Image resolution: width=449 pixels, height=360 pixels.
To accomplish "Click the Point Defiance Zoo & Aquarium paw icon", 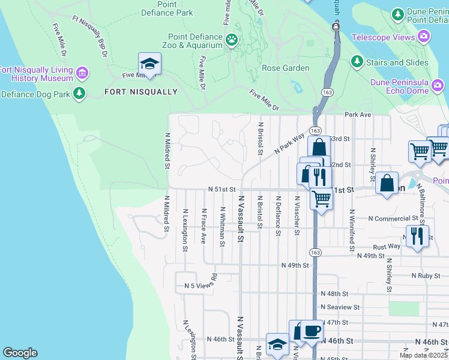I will coord(232,40).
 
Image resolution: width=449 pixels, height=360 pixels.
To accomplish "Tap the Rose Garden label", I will coord(286,68).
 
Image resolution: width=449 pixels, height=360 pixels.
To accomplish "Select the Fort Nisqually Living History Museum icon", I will coord(82,73).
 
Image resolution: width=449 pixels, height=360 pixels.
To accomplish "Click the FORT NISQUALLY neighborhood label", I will coord(141,92).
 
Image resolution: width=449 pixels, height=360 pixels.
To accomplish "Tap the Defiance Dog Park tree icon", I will coord(79,93).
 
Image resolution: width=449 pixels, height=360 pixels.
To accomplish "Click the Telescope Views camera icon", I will coord(424,37).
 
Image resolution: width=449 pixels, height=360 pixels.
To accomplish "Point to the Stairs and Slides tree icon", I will coord(357,62).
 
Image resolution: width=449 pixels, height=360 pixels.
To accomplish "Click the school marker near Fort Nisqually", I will coord(149,64).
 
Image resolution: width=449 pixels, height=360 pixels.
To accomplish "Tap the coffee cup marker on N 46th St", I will coord(312,330).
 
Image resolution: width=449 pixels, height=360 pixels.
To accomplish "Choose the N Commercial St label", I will coord(393,218).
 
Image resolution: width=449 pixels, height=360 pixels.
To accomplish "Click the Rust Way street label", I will coord(386,246).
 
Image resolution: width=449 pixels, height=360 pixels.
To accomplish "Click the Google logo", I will coord(20,353).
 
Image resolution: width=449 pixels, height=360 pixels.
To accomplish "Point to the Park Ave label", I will coord(358,114).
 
